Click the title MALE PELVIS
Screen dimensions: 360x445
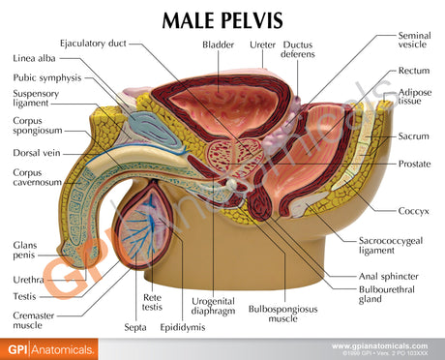pyautogui.click(x=222, y=19)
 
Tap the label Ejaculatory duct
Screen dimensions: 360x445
pyautogui.click(x=92, y=44)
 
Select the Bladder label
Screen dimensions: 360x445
pyautogui.click(x=218, y=45)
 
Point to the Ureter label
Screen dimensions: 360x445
pyautogui.click(x=261, y=45)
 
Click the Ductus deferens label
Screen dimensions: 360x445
pyautogui.click(x=298, y=49)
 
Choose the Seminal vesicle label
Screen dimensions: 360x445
pyautogui.click(x=414, y=41)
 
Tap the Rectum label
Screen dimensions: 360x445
pyautogui.click(x=414, y=71)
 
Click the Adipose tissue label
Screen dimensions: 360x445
pyautogui.click(x=414, y=98)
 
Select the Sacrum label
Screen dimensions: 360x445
pyautogui.click(x=414, y=136)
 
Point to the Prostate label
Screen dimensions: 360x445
pyautogui.click(x=414, y=165)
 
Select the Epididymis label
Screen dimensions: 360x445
pyautogui.click(x=182, y=328)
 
